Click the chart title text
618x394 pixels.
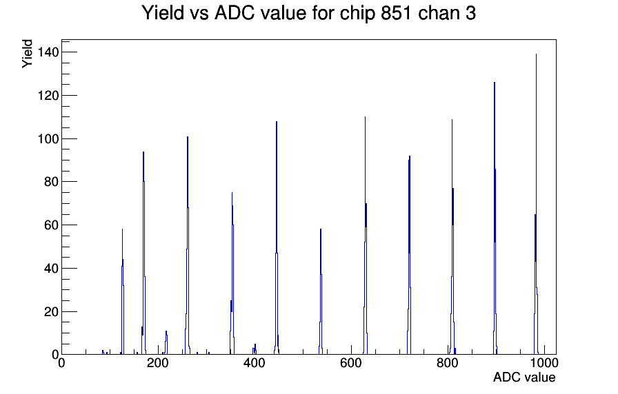click(x=308, y=13)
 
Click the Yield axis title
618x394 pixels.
click(x=27, y=54)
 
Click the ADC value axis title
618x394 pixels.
click(x=524, y=377)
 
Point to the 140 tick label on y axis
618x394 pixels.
click(x=48, y=52)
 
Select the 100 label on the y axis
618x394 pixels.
click(x=48, y=138)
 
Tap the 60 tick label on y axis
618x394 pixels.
click(x=51, y=225)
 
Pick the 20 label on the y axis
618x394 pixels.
click(x=51, y=312)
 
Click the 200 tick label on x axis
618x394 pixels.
click(x=158, y=363)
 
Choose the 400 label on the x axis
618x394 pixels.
click(x=255, y=363)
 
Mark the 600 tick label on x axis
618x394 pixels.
click(x=351, y=363)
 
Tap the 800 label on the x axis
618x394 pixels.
click(x=448, y=363)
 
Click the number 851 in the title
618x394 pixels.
click(x=396, y=13)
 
